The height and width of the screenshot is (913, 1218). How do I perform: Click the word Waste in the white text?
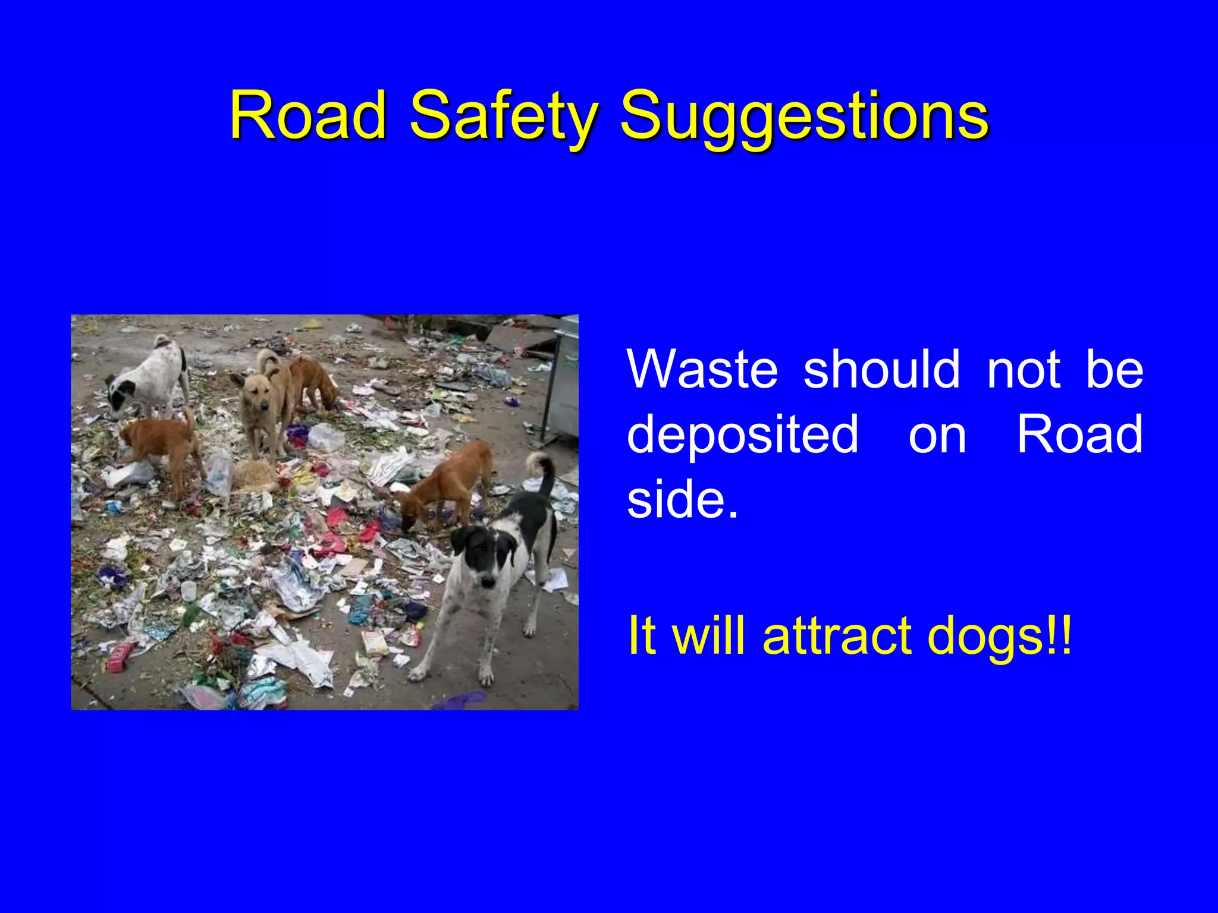coord(702,369)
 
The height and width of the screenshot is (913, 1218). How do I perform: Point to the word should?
coord(881,369)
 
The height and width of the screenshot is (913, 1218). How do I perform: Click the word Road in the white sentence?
coord(1079,433)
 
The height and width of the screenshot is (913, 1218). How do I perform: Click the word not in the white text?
coord(1024,369)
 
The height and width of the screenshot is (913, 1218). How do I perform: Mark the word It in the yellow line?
coord(642,635)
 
